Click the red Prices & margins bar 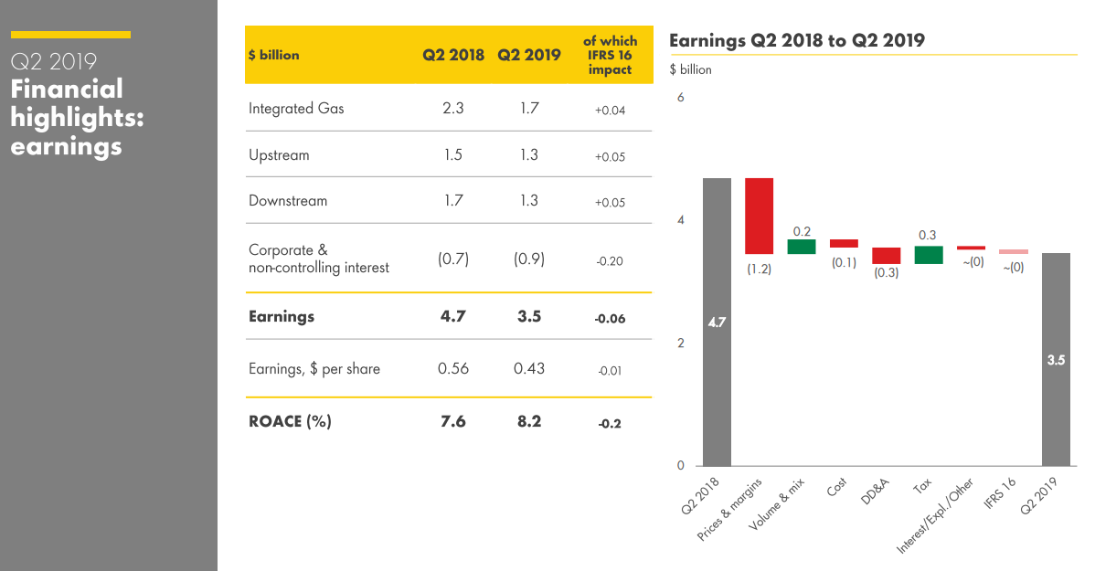759,216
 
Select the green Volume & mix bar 801,247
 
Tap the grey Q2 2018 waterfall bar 717,322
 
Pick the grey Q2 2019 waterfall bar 1056,359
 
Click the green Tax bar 929,255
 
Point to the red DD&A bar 886,256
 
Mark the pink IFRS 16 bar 1013,251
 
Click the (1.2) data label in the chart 759,270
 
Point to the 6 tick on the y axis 680,97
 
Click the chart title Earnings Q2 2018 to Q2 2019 796,40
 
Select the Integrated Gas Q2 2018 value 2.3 452,108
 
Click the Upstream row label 279,155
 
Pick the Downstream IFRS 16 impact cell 610,202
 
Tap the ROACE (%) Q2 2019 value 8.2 529,421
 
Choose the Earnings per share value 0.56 452,369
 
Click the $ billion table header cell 273,55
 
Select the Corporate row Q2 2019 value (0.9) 529,259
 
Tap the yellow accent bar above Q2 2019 70,35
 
